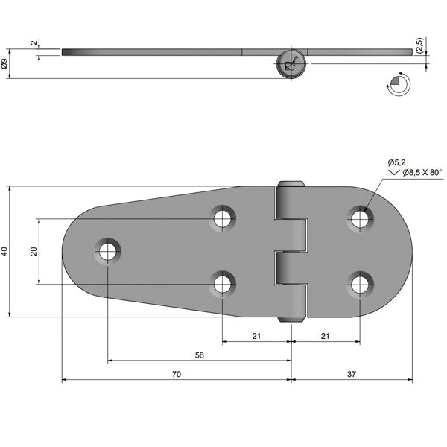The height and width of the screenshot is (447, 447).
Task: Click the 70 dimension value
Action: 177,374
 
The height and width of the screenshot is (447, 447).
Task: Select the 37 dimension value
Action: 351,374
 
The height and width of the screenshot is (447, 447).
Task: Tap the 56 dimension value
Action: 200,355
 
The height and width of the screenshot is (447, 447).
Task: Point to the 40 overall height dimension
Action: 5,253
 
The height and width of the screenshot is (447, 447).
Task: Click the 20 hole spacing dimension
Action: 34,252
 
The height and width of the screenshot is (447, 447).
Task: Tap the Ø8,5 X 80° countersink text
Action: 422,173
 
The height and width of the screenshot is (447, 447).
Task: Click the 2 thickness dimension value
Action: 34,44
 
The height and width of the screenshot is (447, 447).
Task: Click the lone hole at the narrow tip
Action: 108,250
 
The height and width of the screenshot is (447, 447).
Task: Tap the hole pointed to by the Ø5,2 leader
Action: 360,218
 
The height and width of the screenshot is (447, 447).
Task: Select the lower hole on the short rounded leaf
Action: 360,284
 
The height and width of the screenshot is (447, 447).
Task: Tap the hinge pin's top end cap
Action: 291,184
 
